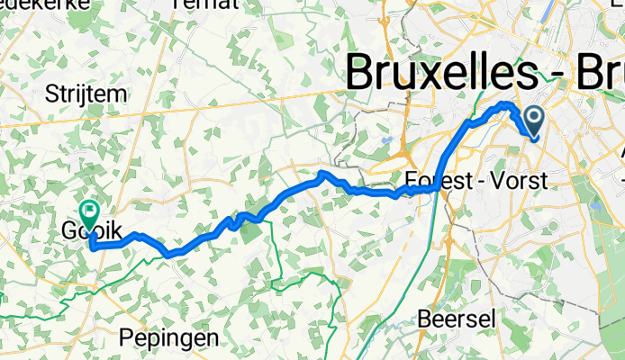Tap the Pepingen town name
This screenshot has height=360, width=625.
pyautogui.click(x=169, y=338)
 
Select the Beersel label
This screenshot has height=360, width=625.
pyautogui.click(x=452, y=319)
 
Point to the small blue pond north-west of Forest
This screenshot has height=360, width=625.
pyautogui.click(x=385, y=141)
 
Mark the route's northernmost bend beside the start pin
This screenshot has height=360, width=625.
pyautogui.click(x=506, y=105)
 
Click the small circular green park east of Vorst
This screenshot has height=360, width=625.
pyautogui.click(x=550, y=226)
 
